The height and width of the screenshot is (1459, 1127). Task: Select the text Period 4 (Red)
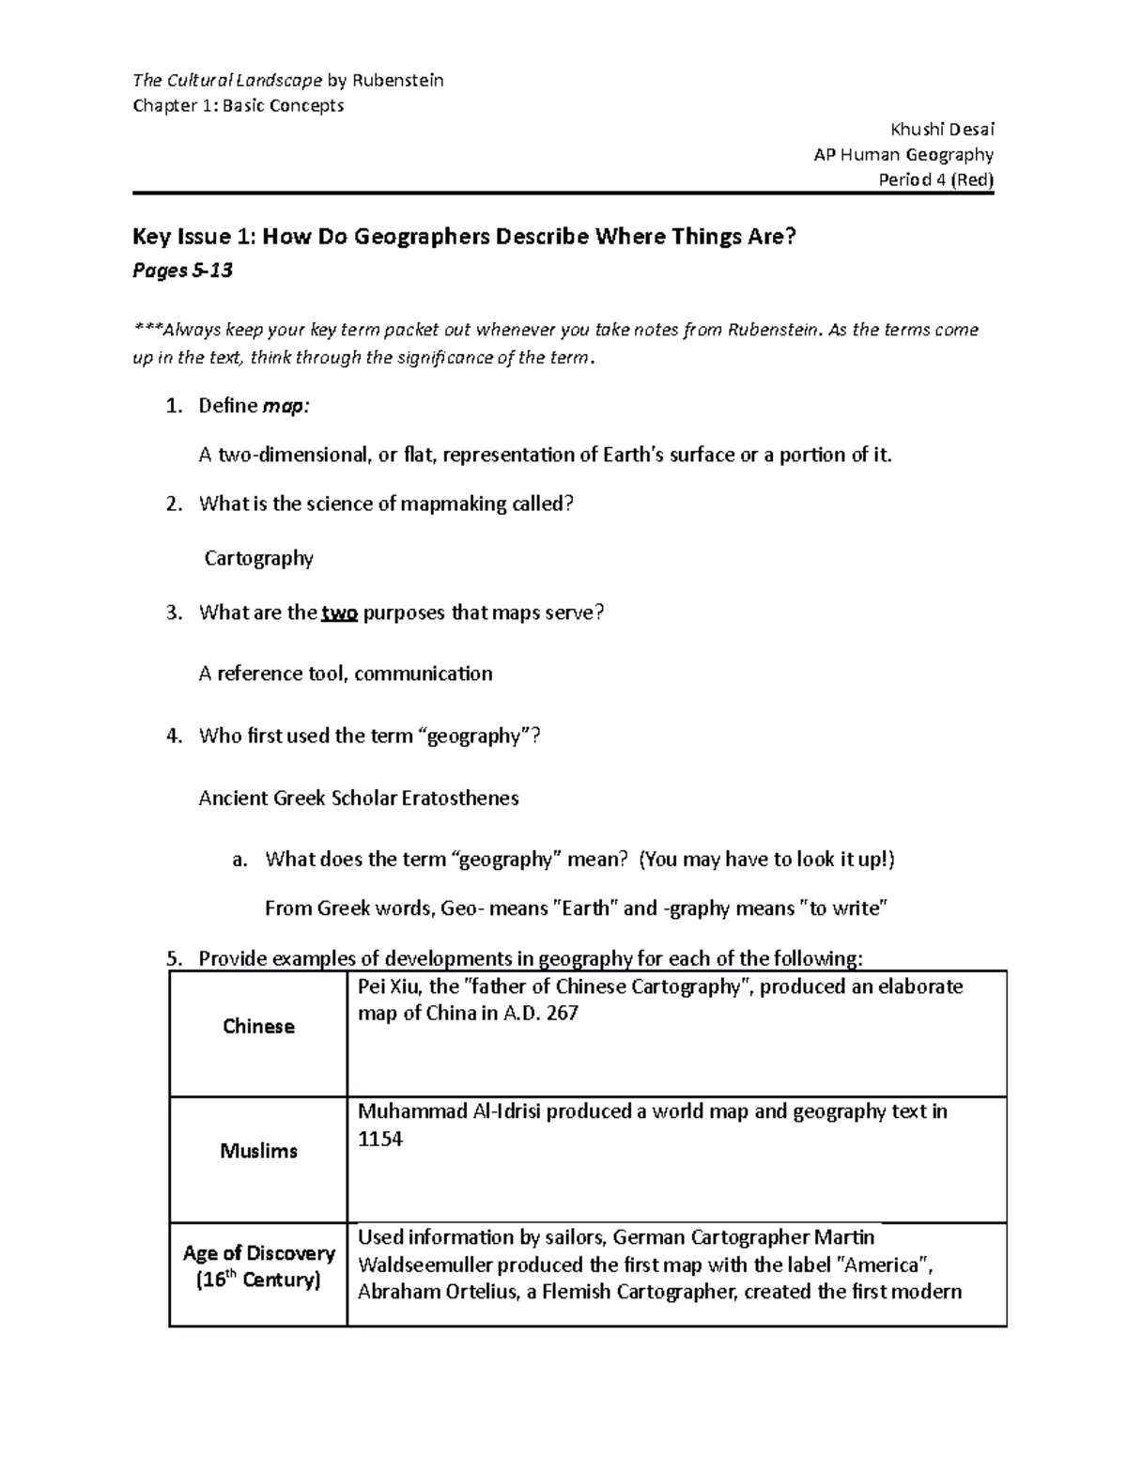(x=935, y=179)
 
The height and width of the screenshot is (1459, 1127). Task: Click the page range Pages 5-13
(x=182, y=272)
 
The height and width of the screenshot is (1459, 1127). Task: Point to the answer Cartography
(x=259, y=558)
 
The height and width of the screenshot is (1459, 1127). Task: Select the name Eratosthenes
(x=460, y=799)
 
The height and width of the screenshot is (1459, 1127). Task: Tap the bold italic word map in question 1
(x=284, y=406)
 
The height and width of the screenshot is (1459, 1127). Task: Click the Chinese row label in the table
(x=258, y=1026)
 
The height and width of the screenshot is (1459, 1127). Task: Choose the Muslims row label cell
(x=258, y=1151)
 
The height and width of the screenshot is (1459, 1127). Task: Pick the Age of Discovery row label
(x=258, y=1253)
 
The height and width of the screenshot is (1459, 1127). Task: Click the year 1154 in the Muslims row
(x=380, y=1140)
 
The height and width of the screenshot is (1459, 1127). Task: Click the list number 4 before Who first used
(x=173, y=737)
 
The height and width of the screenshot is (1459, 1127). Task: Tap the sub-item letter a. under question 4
(x=239, y=860)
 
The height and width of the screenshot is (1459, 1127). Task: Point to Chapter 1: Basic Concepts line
(x=239, y=105)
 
